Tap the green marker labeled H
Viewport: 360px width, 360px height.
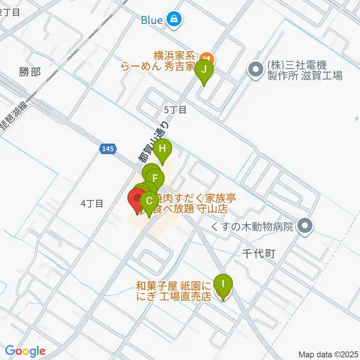(162, 148)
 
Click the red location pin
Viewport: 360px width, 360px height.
(137, 198)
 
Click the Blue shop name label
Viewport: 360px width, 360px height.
(151, 20)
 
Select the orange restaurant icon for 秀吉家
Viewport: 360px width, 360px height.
(206, 58)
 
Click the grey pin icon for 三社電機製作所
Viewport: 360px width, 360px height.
(256, 70)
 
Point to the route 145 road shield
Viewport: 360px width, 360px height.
(107, 149)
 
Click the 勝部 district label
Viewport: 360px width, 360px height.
(30, 72)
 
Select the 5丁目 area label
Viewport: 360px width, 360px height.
(175, 110)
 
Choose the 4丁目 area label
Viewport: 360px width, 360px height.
(92, 204)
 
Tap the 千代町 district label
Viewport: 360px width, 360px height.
(259, 254)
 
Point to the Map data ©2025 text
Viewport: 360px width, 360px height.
(328, 354)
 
